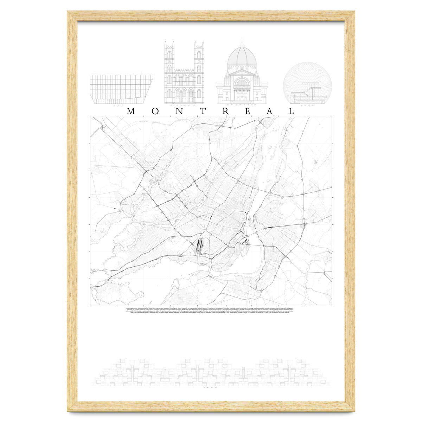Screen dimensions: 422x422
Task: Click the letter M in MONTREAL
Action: coord(131,111)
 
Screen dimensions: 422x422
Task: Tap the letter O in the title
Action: coord(155,111)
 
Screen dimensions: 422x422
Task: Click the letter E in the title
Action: coord(247,111)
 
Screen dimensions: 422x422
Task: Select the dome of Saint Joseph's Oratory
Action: coord(242,58)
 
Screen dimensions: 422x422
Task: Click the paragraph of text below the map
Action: coord(211,312)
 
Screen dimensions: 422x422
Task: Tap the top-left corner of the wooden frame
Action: coord(72,16)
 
